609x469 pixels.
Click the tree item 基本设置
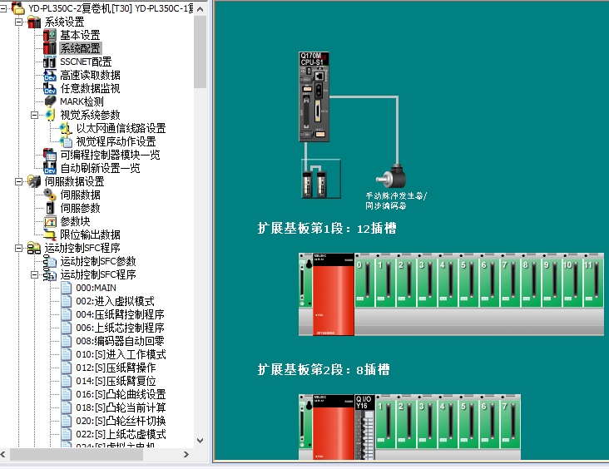tap(79, 35)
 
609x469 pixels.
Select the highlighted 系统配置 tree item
tap(79, 48)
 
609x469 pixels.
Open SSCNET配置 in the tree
tap(85, 62)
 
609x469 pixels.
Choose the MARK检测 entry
tap(82, 101)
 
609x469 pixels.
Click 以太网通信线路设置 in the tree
tap(121, 128)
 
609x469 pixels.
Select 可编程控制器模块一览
tap(110, 155)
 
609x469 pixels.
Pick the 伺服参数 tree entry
tap(80, 208)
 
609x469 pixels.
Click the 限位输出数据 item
tap(90, 234)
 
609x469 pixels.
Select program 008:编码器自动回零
tap(120, 341)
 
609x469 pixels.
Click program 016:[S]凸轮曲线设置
tap(121, 394)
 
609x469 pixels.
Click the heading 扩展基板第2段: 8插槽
tap(324, 369)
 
